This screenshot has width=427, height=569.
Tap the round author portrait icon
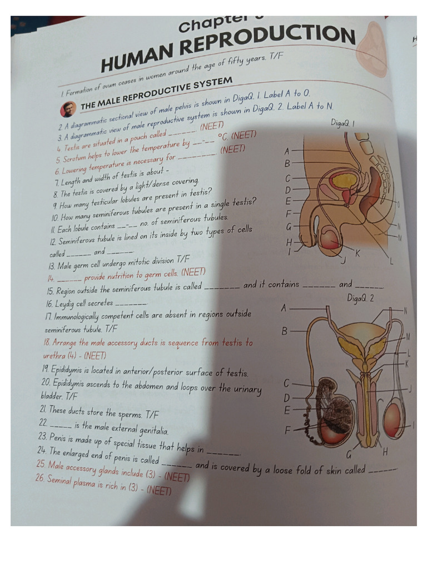click(x=68, y=109)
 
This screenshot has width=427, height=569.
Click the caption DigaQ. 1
click(x=343, y=123)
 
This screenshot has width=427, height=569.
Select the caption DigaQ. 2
click(x=360, y=298)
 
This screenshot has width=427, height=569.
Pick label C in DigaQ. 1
click(x=288, y=178)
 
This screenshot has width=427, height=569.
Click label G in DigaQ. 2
click(x=349, y=454)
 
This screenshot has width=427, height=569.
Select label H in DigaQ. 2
click(x=385, y=451)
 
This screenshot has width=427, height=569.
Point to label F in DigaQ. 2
click(x=287, y=430)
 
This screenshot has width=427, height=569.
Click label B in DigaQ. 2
click(x=284, y=331)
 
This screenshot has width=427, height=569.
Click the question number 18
click(x=47, y=342)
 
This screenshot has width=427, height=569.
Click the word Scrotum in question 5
click(x=73, y=159)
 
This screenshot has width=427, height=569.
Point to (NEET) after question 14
click(x=193, y=272)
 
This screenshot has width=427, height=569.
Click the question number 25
click(x=41, y=463)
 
